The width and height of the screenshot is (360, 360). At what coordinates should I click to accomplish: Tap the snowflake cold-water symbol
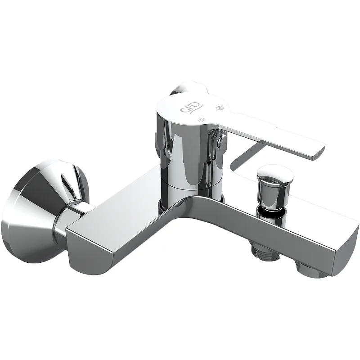click(220, 108)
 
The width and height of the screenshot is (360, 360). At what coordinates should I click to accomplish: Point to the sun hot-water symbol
click(202, 120)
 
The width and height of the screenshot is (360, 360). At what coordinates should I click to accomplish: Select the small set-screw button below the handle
click(223, 142)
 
